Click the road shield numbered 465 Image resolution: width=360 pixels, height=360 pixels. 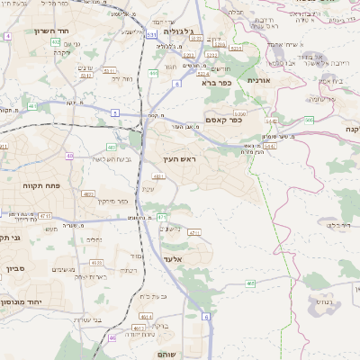250,283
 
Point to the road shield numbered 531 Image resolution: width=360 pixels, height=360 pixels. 151,35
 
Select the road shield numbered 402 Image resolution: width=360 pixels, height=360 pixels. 56,42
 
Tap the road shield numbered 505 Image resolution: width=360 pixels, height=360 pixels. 309,120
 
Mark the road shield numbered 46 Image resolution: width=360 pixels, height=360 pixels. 112,338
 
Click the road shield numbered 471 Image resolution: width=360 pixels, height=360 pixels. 162,217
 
